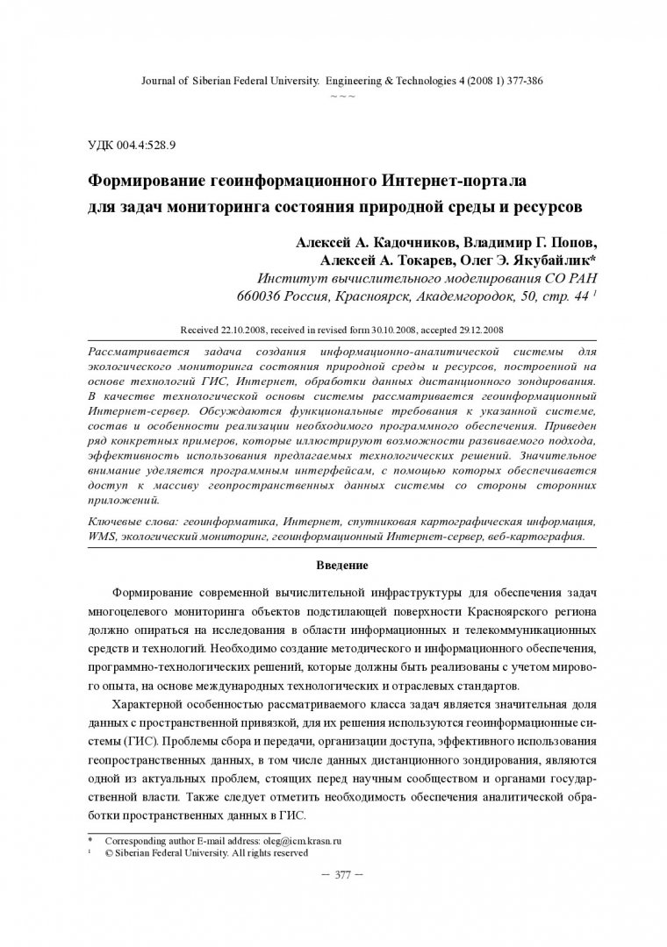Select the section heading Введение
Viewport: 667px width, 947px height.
click(342, 565)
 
